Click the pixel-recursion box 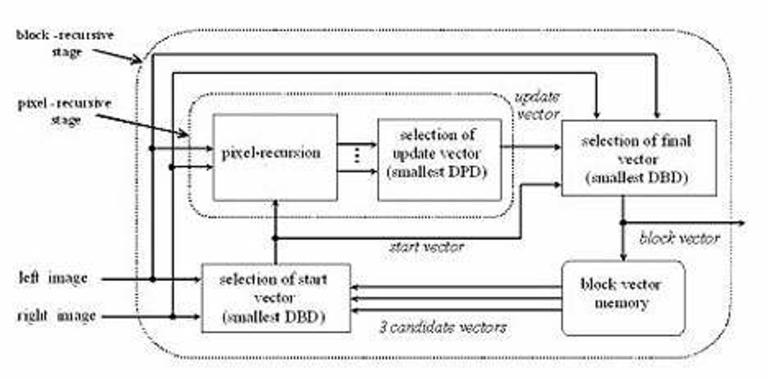pyautogui.click(x=275, y=157)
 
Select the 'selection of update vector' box pyautogui.click(x=440, y=160)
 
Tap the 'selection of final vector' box pyautogui.click(x=639, y=158)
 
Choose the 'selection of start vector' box pyautogui.click(x=276, y=298)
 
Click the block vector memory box pyautogui.click(x=623, y=298)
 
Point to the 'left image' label pyautogui.click(x=53, y=278)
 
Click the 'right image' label pyautogui.click(x=56, y=315)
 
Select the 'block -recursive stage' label pyautogui.click(x=65, y=43)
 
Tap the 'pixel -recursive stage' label pyautogui.click(x=64, y=111)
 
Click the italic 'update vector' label pyautogui.click(x=538, y=106)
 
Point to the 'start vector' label pyautogui.click(x=426, y=247)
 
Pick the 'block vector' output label pyautogui.click(x=680, y=239)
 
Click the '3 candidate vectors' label pyautogui.click(x=443, y=328)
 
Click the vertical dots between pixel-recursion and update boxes pyautogui.click(x=356, y=156)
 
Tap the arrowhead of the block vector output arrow pyautogui.click(x=741, y=223)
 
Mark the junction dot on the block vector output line pyautogui.click(x=624, y=223)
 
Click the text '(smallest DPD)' pyautogui.click(x=437, y=172)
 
